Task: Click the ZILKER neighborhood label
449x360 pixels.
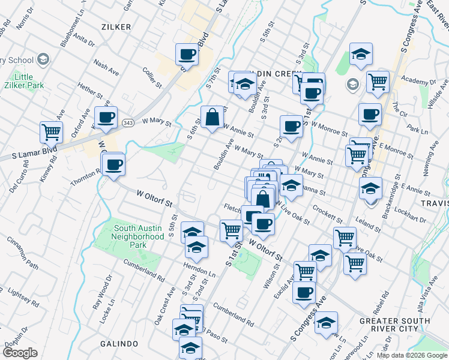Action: (x=116, y=26)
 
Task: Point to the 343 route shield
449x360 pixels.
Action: (x=127, y=122)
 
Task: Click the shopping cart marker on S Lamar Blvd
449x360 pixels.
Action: (x=51, y=131)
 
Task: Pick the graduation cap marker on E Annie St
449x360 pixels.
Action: (x=371, y=188)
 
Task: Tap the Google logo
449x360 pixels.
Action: (x=20, y=352)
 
